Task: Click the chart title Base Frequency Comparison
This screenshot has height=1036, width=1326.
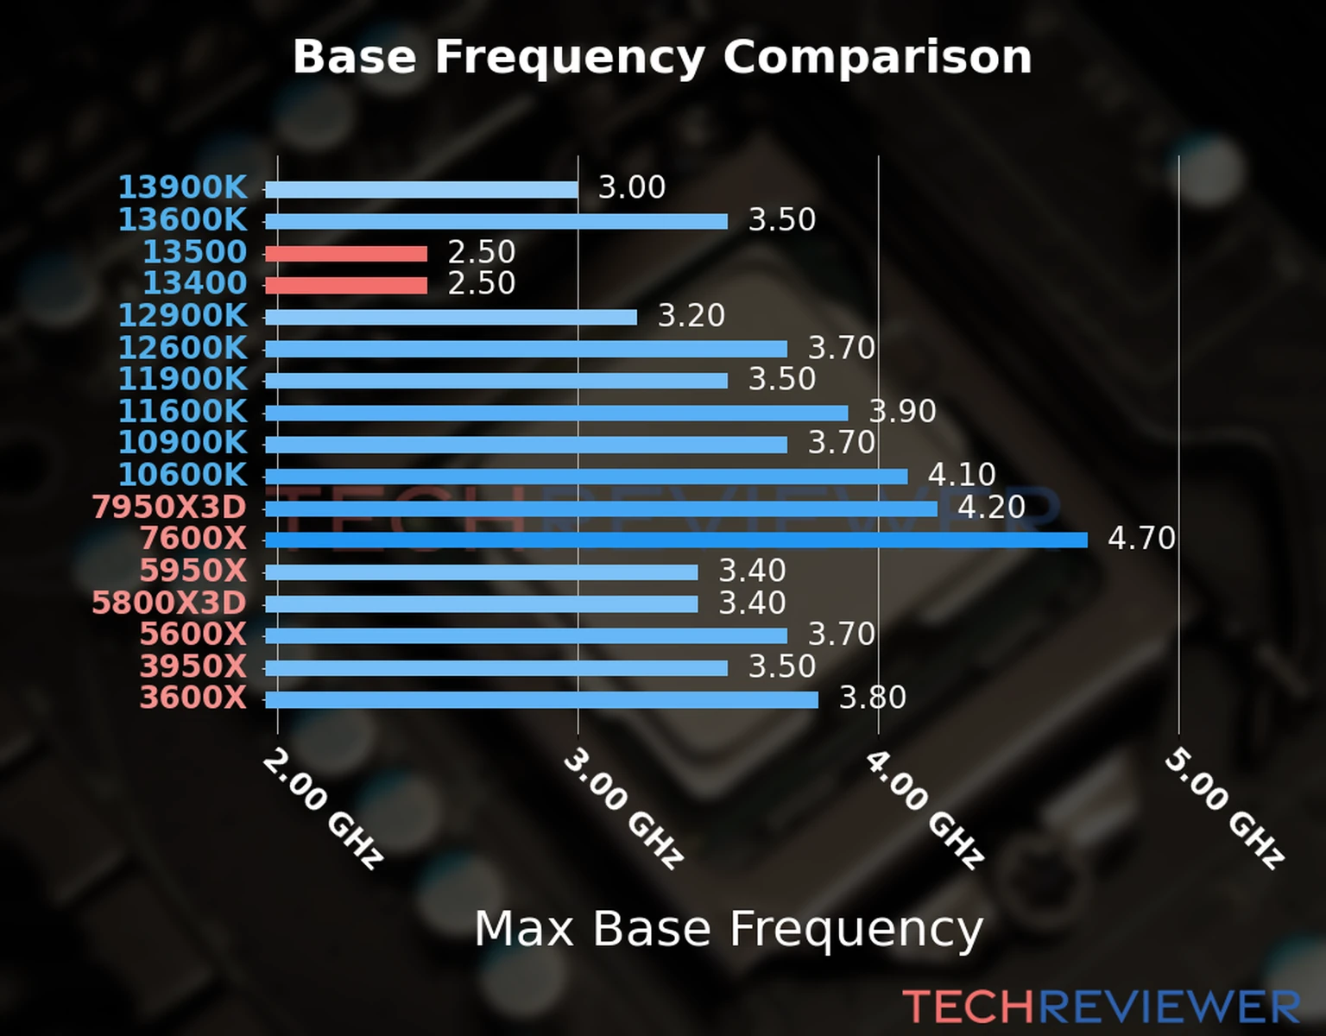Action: [662, 57]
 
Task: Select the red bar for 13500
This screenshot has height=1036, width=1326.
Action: [345, 253]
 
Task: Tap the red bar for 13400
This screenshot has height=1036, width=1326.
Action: [345, 285]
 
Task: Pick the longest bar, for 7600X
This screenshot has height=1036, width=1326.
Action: [675, 540]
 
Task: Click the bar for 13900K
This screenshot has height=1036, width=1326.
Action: [421, 189]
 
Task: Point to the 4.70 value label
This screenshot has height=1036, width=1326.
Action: [1141, 539]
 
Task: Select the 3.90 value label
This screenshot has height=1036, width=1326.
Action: [902, 411]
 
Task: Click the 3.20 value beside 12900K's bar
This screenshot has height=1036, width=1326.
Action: [691, 315]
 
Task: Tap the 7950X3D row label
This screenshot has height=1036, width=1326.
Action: [169, 507]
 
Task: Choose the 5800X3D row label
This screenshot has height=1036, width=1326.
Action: [169, 603]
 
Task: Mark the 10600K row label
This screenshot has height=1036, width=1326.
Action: [182, 475]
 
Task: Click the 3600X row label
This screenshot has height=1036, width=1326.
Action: [193, 698]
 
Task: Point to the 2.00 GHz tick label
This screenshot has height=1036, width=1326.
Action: [323, 808]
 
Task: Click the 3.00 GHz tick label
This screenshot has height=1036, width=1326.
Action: [623, 808]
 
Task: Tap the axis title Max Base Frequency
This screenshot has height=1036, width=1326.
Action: [729, 929]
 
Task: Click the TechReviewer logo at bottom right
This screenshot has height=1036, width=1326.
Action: [1101, 1007]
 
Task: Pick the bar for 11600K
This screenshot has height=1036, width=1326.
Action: [556, 413]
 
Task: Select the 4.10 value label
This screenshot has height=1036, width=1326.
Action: [962, 474]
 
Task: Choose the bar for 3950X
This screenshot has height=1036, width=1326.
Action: [496, 667]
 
